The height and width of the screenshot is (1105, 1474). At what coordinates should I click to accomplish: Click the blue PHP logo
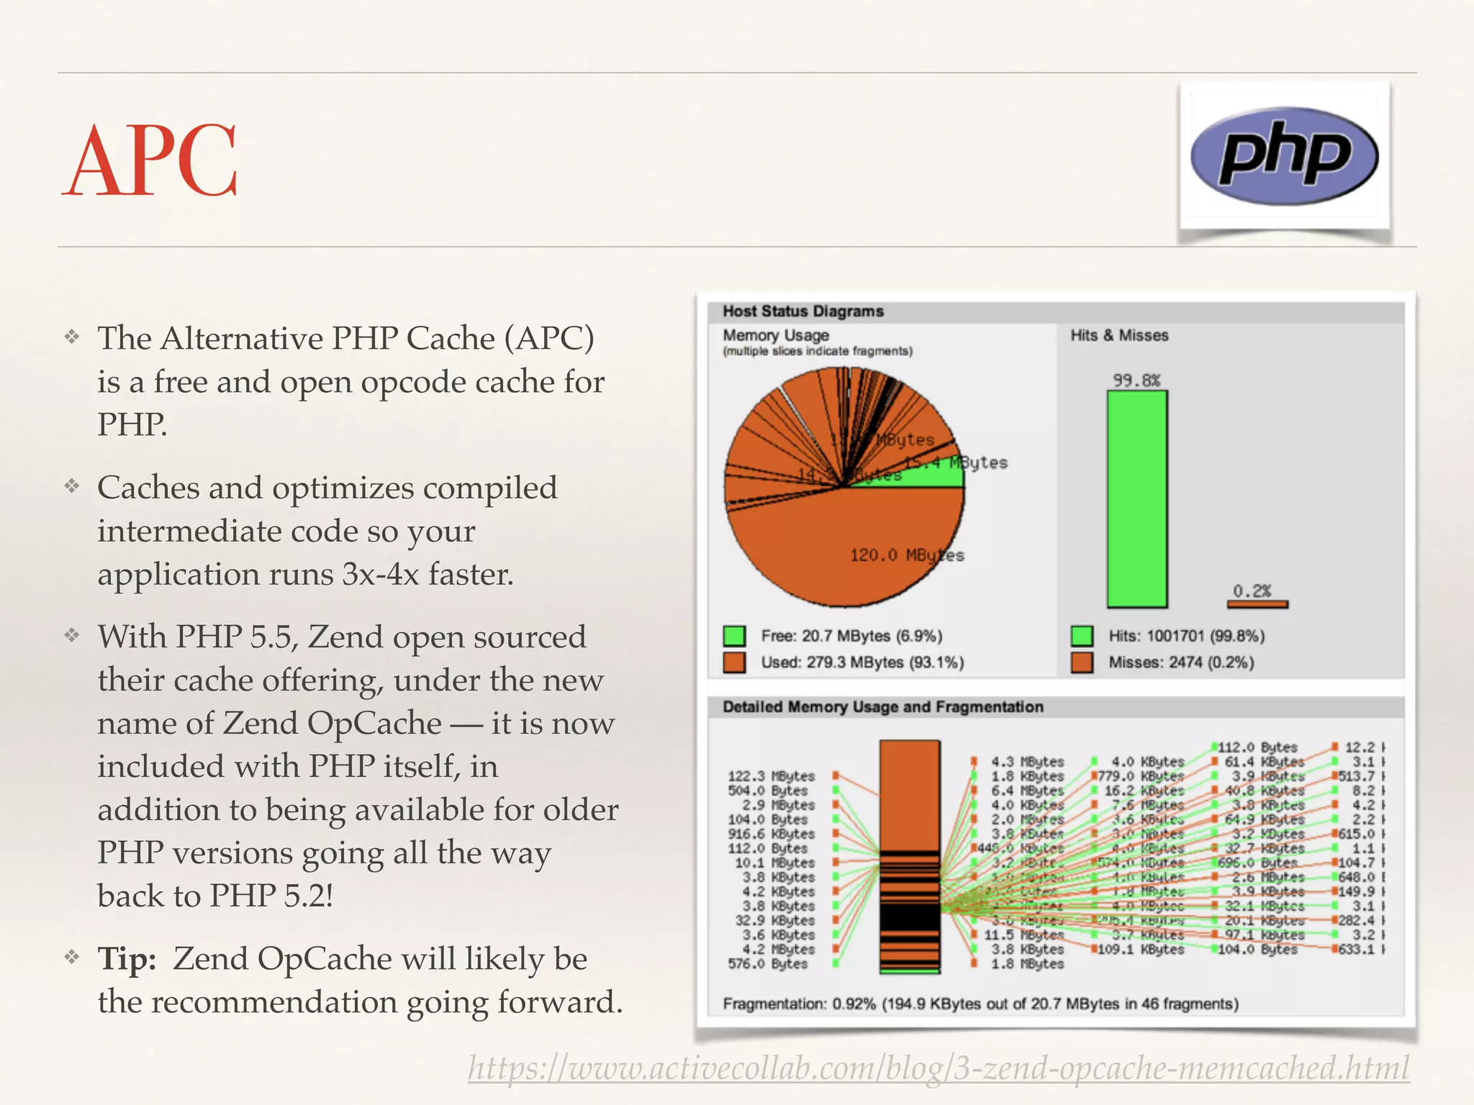tap(1284, 156)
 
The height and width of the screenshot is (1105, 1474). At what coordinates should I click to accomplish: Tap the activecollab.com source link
tap(938, 1068)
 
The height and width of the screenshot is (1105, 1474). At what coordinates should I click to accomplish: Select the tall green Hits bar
tap(1136, 499)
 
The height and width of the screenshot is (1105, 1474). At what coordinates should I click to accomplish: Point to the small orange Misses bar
tap(1257, 604)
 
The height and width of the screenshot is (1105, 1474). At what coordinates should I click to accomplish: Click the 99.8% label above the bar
tap(1136, 380)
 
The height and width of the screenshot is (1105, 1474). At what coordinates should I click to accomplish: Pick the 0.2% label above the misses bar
tap(1252, 591)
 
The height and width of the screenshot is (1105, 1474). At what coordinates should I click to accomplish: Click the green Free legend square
tap(734, 636)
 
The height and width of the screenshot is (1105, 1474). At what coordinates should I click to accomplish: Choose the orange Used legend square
tap(734, 663)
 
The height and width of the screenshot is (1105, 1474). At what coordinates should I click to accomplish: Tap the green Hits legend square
tap(1082, 636)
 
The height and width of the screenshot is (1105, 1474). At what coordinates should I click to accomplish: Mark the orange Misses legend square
tap(1082, 663)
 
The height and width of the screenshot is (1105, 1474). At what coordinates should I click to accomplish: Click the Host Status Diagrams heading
tap(803, 312)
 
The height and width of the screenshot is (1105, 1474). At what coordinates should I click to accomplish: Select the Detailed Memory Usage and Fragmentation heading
tap(883, 707)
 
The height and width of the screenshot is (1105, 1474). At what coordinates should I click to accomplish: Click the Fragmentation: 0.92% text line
tap(980, 1004)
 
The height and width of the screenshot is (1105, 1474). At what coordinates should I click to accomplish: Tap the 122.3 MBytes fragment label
tap(771, 776)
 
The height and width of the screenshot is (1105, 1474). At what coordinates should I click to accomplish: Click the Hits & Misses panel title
tap(1119, 335)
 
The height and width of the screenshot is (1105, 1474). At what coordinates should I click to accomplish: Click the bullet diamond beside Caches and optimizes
tap(71, 487)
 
